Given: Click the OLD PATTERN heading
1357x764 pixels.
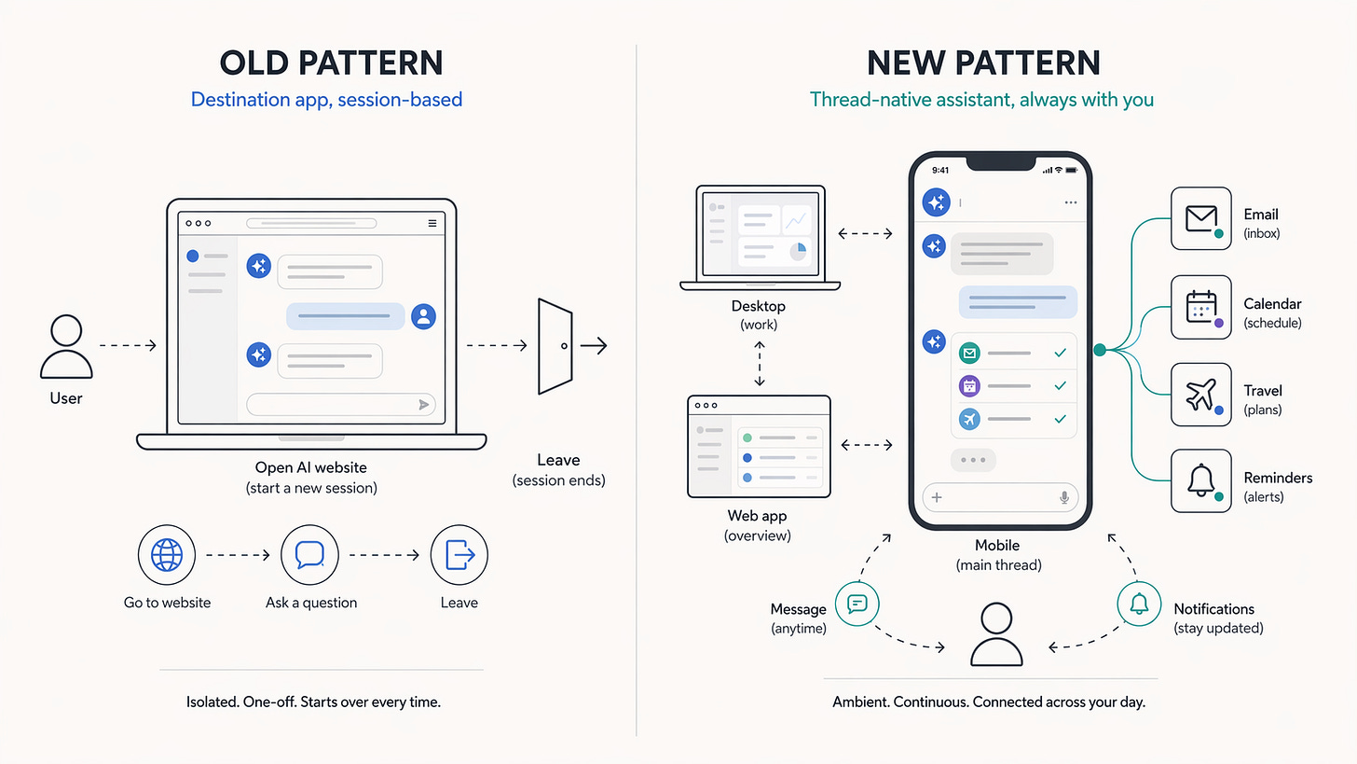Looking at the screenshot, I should coord(331,63).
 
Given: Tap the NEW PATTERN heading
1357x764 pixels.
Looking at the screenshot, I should coord(983,63).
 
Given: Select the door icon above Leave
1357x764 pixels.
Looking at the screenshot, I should coord(555,346).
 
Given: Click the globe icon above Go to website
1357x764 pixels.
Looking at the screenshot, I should coord(167,555).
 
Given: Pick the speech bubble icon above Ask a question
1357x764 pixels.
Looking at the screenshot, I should coord(309,555).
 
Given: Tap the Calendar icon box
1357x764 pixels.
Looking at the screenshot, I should coord(1200,308).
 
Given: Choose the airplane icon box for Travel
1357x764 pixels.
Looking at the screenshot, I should coord(1200,396).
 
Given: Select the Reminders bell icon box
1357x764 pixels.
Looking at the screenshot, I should coord(1200,481).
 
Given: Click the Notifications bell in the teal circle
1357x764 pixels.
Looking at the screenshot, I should coord(1139,604).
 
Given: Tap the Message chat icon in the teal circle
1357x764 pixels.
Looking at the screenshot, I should coord(857,604).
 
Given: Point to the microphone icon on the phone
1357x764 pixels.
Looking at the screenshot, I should coord(1064,498).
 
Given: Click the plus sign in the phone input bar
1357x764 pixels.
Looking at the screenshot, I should coord(937,498).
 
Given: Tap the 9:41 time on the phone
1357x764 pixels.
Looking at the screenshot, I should coord(939,171).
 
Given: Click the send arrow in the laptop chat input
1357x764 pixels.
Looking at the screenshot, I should coord(424,405).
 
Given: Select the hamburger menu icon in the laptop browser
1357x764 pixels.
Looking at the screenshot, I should coord(432,224).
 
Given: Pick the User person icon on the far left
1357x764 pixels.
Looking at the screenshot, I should coord(66,346).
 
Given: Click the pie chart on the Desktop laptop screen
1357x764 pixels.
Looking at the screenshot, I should coord(798,252).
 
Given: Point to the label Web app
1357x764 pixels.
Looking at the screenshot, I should coord(757,516).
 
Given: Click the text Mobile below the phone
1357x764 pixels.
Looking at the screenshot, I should coord(997,546).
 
